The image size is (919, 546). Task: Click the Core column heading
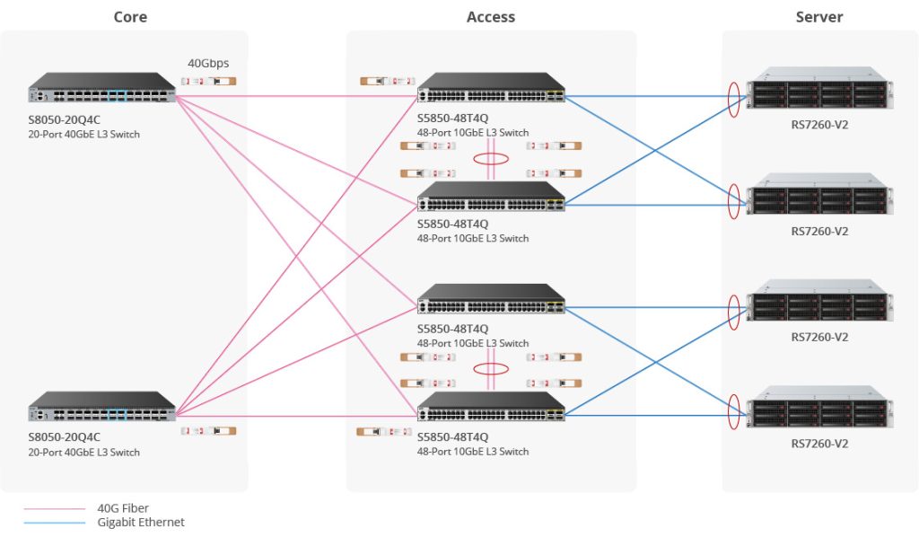point(130,17)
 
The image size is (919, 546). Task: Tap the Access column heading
point(491,17)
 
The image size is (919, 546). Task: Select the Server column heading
point(818,17)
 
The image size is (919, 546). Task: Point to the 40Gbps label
point(207,64)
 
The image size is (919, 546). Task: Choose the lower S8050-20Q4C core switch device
point(102,407)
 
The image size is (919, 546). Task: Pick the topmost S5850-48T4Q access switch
point(491,88)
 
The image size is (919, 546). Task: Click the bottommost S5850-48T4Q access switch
point(491,407)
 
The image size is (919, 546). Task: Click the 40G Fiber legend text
point(123,508)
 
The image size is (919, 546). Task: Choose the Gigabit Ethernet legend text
point(141,522)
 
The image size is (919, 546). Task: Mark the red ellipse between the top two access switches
point(491,160)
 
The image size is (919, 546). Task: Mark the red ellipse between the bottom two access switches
point(491,368)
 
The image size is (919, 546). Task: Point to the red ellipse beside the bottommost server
point(734,408)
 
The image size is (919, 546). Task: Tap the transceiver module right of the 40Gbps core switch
point(207,81)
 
